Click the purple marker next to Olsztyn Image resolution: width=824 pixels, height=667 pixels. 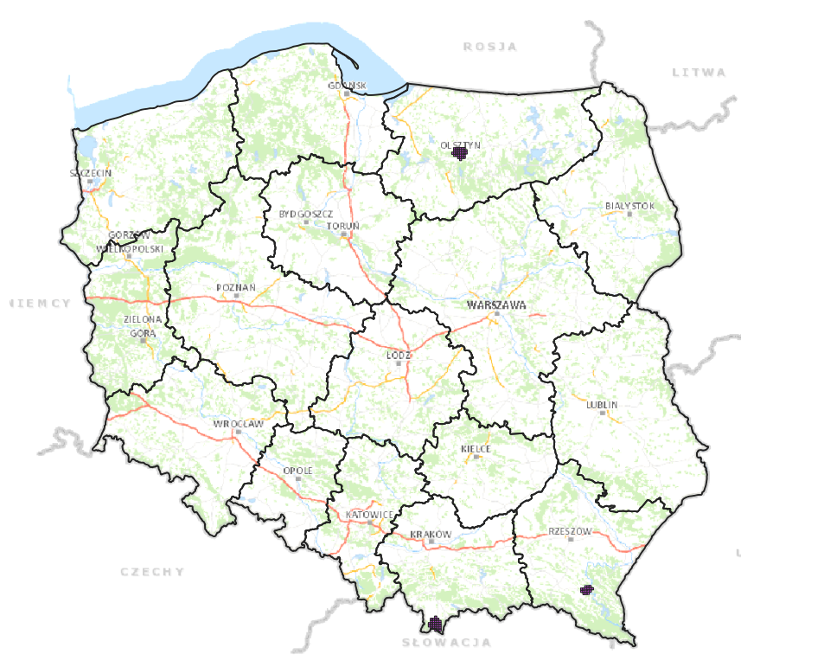[x=460, y=152]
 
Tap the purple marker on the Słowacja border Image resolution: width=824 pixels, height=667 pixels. [x=435, y=623]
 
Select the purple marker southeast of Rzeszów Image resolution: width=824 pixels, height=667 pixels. [x=587, y=589]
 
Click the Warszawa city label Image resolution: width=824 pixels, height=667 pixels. [x=495, y=305]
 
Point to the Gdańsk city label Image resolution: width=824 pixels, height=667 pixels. [x=348, y=85]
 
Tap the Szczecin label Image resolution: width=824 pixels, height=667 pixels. [x=91, y=173]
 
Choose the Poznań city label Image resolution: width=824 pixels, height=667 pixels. [x=236, y=287]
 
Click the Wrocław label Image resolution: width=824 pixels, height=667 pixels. [x=238, y=424]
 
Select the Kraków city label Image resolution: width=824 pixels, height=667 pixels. [x=431, y=534]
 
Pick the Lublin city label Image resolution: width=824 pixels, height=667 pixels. [x=602, y=404]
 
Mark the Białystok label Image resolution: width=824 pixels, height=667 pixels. [x=629, y=206]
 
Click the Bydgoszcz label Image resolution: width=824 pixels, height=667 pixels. [x=305, y=213]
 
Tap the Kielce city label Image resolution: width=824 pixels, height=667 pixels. [x=476, y=449]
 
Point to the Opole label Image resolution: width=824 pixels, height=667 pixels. [x=297, y=471]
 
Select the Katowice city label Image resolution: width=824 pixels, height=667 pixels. [x=369, y=515]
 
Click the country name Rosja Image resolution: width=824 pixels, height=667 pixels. [x=489, y=47]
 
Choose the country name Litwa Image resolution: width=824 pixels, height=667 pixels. [x=699, y=73]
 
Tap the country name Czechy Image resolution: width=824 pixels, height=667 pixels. [x=152, y=571]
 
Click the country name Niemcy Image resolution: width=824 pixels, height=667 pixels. [x=40, y=303]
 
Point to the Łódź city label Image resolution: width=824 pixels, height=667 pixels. [x=399, y=355]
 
